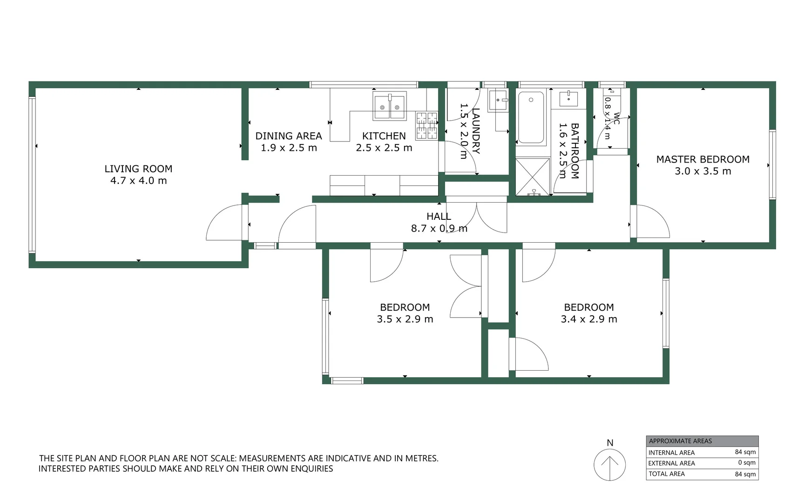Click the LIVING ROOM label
[138, 169]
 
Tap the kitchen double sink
[389, 106]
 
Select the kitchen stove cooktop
[426, 125]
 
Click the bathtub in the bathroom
[531, 117]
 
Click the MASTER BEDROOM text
[703, 159]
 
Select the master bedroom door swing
[652, 223]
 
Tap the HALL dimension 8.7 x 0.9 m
[439, 228]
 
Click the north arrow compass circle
[609, 464]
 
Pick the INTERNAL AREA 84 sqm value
[745, 452]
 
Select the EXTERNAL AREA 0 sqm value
[746, 462]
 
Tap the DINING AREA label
[288, 136]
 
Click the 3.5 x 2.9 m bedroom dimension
[405, 319]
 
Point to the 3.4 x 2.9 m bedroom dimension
[589, 319]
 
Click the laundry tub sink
[498, 100]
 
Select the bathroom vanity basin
[568, 99]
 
